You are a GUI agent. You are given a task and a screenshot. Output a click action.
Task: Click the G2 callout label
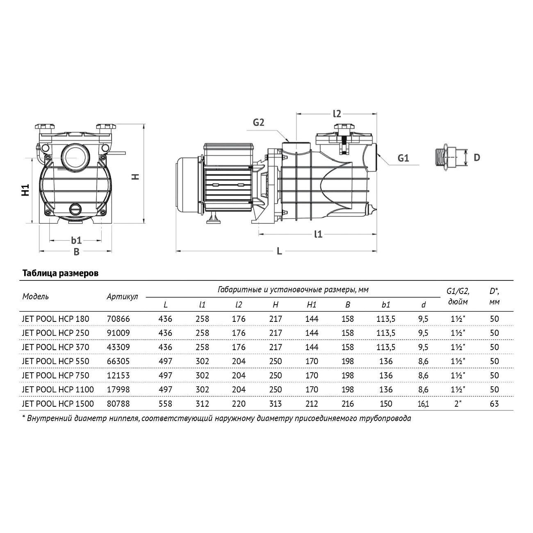pyautogui.click(x=258, y=122)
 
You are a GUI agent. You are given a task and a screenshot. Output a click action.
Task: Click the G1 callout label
pyautogui.click(x=403, y=158)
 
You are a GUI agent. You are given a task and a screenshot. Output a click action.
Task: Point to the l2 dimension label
pyautogui.click(x=337, y=114)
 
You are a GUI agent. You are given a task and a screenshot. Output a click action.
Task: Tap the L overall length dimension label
pyautogui.click(x=279, y=251)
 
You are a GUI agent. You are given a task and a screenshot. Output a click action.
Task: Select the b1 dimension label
pyautogui.click(x=76, y=240)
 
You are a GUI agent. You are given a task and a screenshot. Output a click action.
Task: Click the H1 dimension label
pyautogui.click(x=25, y=190)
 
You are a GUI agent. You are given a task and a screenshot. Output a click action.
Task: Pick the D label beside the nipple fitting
pyautogui.click(x=477, y=157)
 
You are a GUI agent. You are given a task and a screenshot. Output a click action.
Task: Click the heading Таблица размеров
pyautogui.click(x=60, y=273)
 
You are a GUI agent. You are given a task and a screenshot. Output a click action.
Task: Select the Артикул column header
pyautogui.click(x=122, y=297)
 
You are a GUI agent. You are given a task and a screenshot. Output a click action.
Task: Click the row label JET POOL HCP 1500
pyautogui.click(x=58, y=403)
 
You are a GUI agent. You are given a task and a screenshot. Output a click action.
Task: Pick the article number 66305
pyautogui.click(x=118, y=361)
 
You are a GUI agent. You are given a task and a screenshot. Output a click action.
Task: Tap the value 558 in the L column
pyautogui.click(x=165, y=403)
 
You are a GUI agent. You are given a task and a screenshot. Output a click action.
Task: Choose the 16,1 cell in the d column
pyautogui.click(x=423, y=404)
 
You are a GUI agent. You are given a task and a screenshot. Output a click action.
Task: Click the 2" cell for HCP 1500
pyautogui.click(x=458, y=403)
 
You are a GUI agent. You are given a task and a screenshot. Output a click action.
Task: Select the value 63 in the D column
pyautogui.click(x=494, y=403)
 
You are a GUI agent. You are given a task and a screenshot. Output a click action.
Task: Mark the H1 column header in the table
pyautogui.click(x=312, y=305)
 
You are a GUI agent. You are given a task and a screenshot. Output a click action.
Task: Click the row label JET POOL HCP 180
pyautogui.click(x=56, y=319)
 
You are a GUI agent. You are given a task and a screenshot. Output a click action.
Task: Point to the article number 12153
pyautogui.click(x=118, y=375)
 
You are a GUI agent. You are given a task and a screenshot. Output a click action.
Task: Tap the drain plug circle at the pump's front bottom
pyautogui.click(x=75, y=209)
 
